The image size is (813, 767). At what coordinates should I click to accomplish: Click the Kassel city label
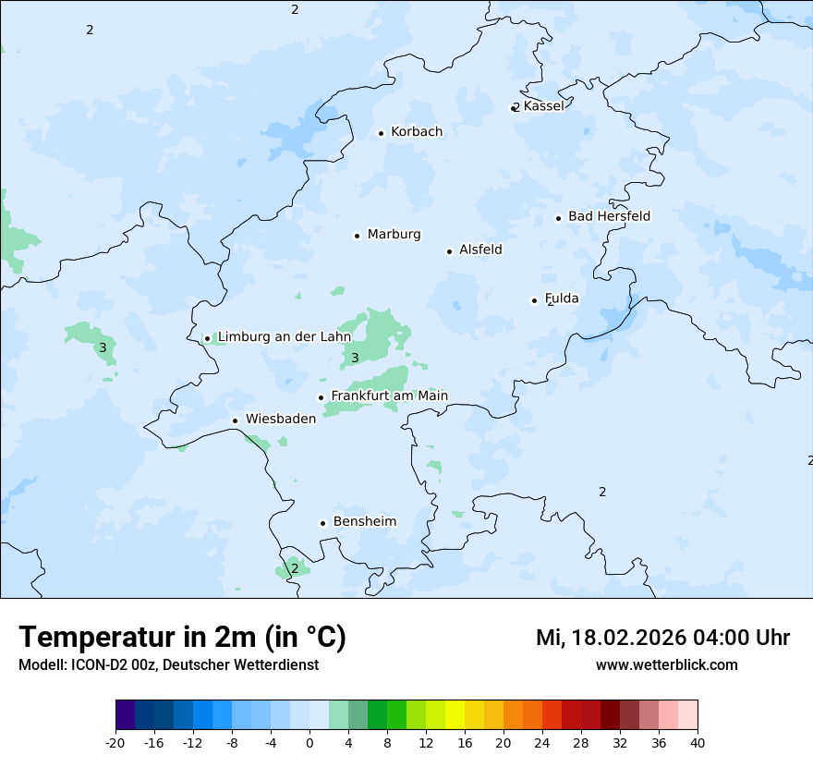[x=543, y=106]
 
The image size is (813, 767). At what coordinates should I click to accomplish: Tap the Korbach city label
[x=417, y=132]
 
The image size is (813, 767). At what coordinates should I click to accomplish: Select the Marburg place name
[x=394, y=235]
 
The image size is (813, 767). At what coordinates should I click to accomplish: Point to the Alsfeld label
[x=480, y=250]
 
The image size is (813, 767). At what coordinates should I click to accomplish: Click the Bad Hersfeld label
[x=609, y=216]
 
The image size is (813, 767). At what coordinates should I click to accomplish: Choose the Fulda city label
[x=562, y=298]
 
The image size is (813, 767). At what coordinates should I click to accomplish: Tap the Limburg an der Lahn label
[x=285, y=337]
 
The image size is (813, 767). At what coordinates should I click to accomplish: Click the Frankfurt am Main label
[x=389, y=396]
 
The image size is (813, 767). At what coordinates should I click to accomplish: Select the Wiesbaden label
[x=281, y=419]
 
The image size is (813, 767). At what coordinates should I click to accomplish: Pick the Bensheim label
[x=364, y=521]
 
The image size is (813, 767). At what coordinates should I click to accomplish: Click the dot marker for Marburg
[x=357, y=236]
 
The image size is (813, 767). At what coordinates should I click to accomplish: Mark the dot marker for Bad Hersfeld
[x=558, y=218]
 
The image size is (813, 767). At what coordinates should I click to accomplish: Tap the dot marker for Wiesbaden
[x=236, y=420]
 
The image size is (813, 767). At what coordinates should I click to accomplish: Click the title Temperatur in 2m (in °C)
[x=182, y=637]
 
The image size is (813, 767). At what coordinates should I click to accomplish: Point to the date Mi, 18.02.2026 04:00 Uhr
[x=662, y=638]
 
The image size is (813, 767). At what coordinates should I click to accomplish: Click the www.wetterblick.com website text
[x=666, y=664]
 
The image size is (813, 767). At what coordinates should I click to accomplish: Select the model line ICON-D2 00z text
[x=168, y=664]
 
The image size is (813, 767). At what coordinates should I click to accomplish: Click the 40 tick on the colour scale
[x=698, y=742]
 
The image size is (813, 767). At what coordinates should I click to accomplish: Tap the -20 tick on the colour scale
[x=115, y=742]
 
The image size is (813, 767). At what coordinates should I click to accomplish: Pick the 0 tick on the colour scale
[x=309, y=742]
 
